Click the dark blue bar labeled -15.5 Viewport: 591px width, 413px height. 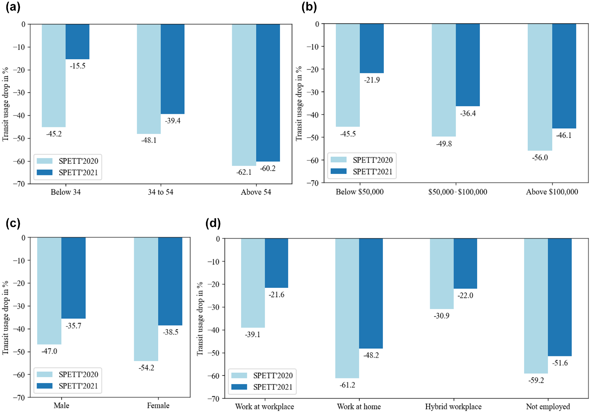point(77,42)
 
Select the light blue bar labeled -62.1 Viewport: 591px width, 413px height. point(244,95)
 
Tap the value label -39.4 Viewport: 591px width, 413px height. point(173,121)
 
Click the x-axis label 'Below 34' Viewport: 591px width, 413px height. point(66,192)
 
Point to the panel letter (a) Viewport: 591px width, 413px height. point(13,7)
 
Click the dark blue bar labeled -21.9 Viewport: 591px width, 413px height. point(372,48)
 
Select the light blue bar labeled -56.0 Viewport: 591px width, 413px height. point(540,87)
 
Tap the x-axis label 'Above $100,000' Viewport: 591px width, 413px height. point(552,192)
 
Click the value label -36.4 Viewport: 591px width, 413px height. point(468,113)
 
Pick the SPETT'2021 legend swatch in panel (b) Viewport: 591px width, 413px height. point(338,171)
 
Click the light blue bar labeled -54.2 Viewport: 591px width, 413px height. point(146,299)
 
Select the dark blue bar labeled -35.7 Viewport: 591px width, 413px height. point(74,278)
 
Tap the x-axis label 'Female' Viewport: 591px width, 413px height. point(158,405)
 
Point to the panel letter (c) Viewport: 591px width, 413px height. point(13,223)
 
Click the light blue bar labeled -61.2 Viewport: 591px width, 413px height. point(347,308)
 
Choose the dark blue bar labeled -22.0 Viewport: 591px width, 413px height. point(465,263)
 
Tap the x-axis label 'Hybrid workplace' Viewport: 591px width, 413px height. point(453,407)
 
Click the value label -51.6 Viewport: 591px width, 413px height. point(560,363)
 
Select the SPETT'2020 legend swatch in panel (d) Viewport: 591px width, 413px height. point(239,375)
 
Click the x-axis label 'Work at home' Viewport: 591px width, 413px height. point(359,407)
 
